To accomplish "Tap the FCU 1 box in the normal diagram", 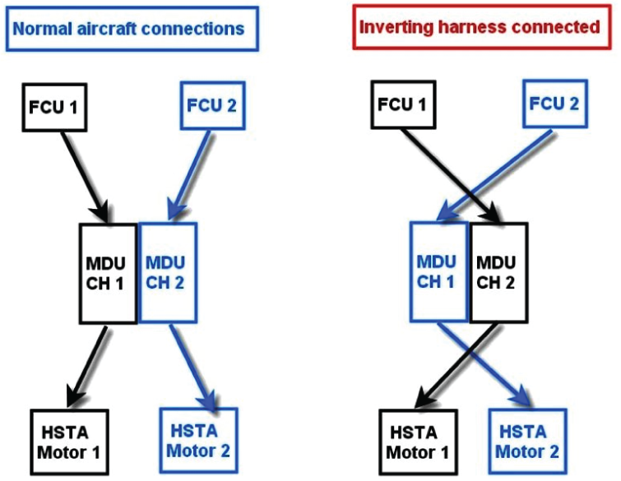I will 53,108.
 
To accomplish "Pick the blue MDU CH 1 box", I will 440,272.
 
